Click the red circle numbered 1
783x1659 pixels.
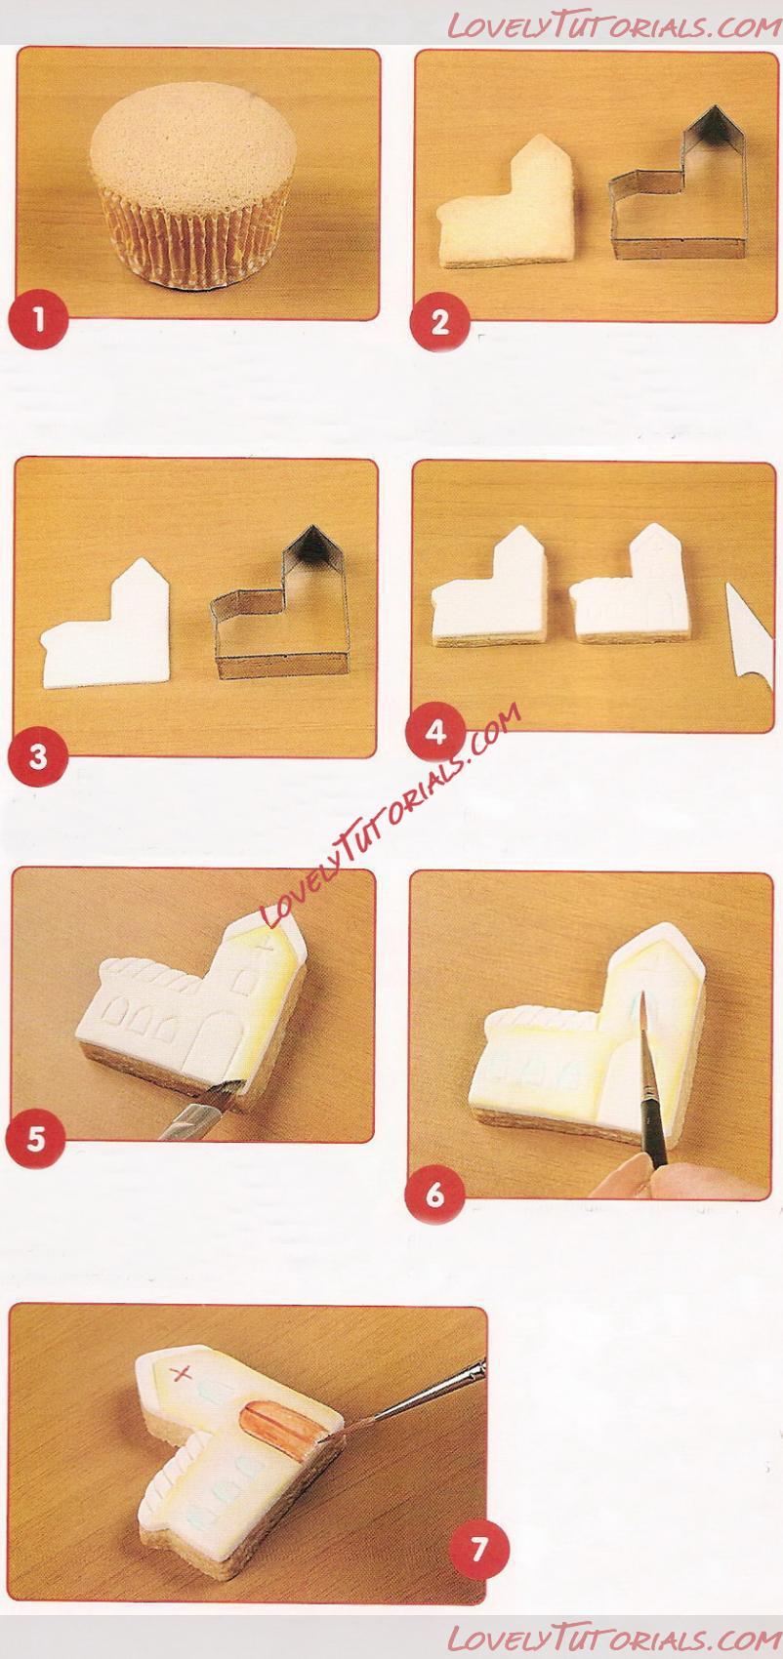pyautogui.click(x=38, y=320)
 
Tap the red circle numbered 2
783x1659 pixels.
pyautogui.click(x=440, y=322)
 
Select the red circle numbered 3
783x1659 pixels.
pyautogui.click(x=38, y=757)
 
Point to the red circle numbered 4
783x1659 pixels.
pyautogui.click(x=435, y=733)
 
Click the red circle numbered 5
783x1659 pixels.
pyautogui.click(x=35, y=1139)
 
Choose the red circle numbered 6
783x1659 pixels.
pyautogui.click(x=434, y=1194)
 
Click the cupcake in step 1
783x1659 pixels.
pyautogui.click(x=193, y=183)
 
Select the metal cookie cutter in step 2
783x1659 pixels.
pyautogui.click(x=677, y=183)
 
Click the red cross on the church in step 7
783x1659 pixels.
pyautogui.click(x=183, y=1375)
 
